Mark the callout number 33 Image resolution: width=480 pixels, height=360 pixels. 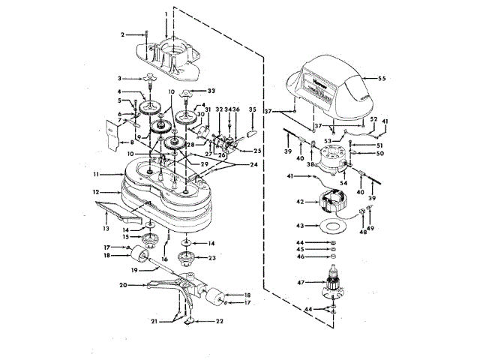click(200, 90)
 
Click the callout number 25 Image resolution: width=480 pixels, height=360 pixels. click(257, 151)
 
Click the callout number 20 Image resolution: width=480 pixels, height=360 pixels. click(122, 284)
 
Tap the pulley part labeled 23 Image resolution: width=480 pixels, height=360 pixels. click(185, 262)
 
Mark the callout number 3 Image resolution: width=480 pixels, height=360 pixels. click(118, 78)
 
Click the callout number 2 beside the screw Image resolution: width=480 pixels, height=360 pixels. click(122, 34)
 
